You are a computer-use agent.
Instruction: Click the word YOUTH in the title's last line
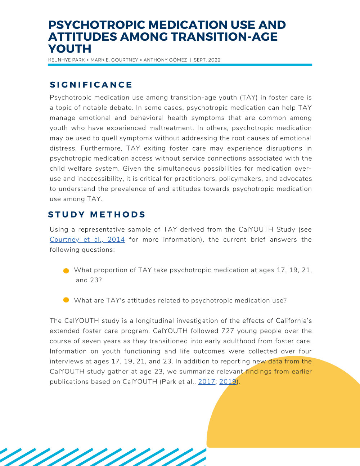[70, 49]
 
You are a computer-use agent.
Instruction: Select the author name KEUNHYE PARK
[67, 60]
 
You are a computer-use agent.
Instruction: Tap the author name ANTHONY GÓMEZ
[165, 60]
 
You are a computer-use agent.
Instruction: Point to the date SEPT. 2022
[207, 60]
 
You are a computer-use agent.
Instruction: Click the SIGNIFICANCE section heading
[91, 85]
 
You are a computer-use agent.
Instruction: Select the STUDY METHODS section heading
[96, 215]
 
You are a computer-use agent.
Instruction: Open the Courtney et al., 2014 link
[87, 239]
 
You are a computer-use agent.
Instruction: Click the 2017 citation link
[207, 382]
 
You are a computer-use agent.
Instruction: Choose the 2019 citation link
[228, 382]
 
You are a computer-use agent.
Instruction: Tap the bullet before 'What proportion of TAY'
[66, 271]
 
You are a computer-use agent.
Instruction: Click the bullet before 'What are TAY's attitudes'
[66, 300]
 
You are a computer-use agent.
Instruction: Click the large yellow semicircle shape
[288, 414]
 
